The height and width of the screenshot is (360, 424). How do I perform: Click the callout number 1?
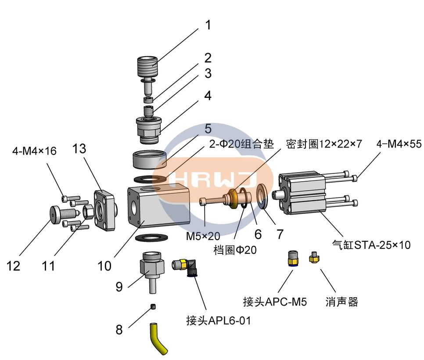click(x=208, y=25)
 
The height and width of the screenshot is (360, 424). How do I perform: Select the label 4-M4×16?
click(x=34, y=151)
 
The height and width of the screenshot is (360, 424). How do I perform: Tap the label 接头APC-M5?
click(x=275, y=302)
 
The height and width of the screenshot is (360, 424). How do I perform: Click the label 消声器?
click(x=342, y=302)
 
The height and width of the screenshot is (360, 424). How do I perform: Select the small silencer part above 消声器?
click(x=313, y=257)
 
